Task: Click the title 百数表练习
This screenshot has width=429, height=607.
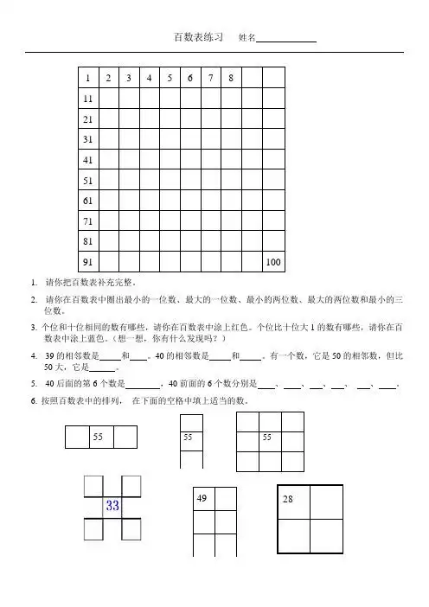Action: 200,38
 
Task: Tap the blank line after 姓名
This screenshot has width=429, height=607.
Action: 287,39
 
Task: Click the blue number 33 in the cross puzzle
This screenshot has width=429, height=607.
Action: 112,506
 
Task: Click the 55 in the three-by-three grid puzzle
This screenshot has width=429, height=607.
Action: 269,438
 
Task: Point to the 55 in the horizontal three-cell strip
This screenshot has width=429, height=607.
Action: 100,438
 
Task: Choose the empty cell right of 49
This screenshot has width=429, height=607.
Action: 226,499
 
